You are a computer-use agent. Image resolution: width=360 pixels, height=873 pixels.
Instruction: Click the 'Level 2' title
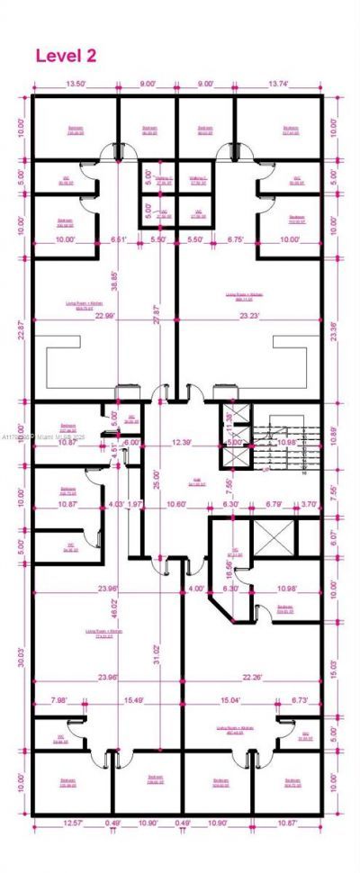tap(65, 56)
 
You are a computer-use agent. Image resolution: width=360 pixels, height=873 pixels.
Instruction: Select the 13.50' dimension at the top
tap(76, 85)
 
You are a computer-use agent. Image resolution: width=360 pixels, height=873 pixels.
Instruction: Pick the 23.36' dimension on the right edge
tap(336, 330)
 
